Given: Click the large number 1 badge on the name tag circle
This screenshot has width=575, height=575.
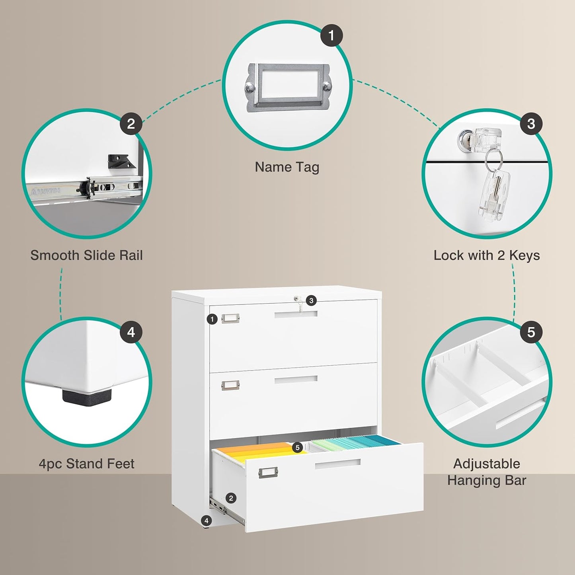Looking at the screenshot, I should point(331,35).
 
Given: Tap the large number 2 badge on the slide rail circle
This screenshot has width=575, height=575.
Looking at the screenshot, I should point(131,124).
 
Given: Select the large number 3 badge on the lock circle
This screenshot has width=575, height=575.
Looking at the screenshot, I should point(531,124).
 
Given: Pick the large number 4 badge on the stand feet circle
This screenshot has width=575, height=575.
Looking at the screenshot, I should point(131,332).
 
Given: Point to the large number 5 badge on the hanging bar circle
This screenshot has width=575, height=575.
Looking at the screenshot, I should point(531,332).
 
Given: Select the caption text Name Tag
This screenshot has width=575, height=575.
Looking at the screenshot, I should point(287,167).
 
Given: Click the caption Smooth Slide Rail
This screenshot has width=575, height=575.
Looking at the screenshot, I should point(86,255).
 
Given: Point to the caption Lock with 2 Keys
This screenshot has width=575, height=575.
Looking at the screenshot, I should point(486,255).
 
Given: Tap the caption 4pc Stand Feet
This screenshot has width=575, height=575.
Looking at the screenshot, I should point(86,464).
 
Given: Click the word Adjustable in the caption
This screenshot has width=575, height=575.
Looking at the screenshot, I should point(486,464).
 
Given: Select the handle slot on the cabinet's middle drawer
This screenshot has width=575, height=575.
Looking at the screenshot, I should point(296,380).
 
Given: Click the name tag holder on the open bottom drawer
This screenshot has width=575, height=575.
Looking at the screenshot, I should point(268,473).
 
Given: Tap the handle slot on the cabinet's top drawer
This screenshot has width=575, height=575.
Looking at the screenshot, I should point(296,314).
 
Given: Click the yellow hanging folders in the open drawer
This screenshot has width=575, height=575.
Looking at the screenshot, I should point(259,452).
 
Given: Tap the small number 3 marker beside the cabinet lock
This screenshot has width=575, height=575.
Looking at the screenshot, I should point(311,301).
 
